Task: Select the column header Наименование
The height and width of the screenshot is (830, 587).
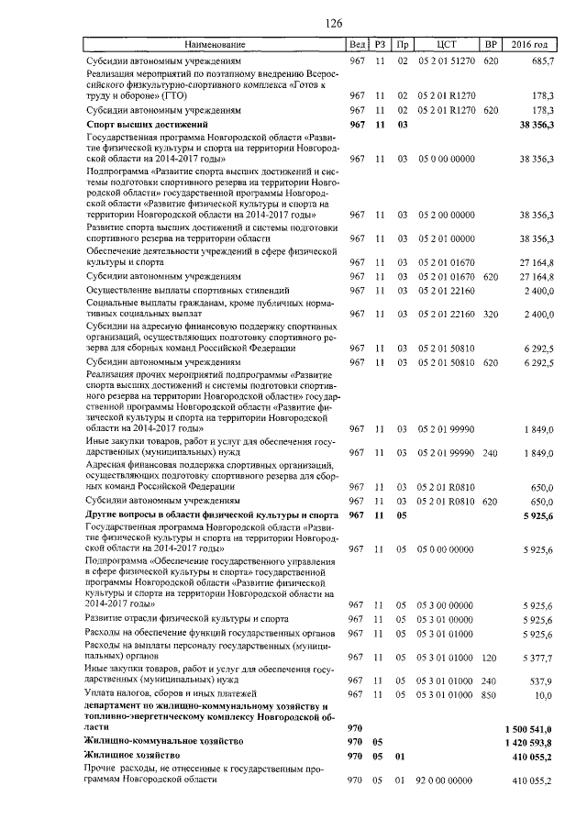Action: click(x=215, y=44)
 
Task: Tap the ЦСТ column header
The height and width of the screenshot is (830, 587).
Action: click(x=447, y=44)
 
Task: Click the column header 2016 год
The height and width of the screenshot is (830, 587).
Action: click(x=529, y=44)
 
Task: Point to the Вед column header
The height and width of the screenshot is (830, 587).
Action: click(x=357, y=44)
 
